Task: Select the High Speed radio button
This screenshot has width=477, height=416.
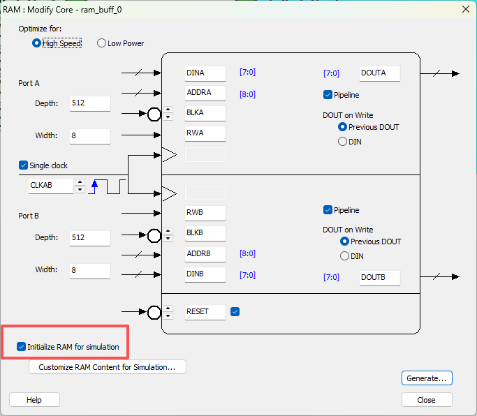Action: (x=36, y=43)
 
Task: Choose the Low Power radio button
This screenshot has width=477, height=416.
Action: (x=101, y=43)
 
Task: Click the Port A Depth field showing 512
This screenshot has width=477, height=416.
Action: (x=89, y=103)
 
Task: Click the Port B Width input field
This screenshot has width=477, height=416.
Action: (x=89, y=270)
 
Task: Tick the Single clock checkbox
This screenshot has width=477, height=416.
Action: (x=23, y=165)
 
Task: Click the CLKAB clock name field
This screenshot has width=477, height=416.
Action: (x=51, y=186)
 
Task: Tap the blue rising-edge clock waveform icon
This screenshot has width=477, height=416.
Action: (x=106, y=186)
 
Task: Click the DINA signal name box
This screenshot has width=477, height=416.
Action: (x=205, y=73)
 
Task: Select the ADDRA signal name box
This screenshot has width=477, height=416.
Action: (x=205, y=93)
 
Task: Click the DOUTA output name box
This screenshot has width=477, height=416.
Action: (x=380, y=73)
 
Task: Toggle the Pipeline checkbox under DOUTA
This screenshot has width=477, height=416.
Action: (x=328, y=95)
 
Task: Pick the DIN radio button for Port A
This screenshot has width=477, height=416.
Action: (x=342, y=142)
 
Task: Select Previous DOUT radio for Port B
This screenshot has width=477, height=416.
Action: (x=344, y=242)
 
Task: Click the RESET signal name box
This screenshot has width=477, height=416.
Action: (x=205, y=312)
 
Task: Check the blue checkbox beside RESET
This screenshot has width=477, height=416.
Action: (x=235, y=312)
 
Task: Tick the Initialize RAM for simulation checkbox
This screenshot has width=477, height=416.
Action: (x=21, y=347)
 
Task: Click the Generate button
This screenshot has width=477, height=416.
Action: (x=427, y=378)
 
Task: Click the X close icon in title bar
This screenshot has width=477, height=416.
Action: (x=465, y=10)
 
